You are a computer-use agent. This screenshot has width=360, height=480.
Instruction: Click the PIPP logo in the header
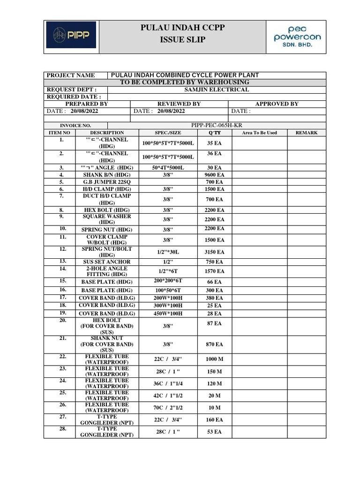click(x=71, y=35)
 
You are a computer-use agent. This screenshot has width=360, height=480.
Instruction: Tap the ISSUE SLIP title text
click(x=182, y=40)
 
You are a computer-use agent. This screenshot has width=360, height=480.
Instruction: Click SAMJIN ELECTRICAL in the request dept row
click(x=217, y=90)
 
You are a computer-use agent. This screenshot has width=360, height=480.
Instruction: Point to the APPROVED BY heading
click(x=277, y=104)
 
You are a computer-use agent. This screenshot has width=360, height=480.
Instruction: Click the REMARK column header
click(x=306, y=133)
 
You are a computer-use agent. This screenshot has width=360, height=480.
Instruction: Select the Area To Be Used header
click(x=259, y=133)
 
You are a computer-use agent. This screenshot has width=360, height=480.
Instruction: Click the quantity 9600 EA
click(x=214, y=174)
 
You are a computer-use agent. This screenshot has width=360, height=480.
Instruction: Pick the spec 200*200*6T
click(x=168, y=281)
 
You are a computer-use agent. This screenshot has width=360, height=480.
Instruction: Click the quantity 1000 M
click(x=214, y=359)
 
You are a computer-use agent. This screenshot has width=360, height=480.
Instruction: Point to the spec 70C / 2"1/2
click(x=168, y=407)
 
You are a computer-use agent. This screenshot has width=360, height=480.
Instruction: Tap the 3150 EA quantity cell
click(x=214, y=252)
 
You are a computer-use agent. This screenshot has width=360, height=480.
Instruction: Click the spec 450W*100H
click(x=168, y=313)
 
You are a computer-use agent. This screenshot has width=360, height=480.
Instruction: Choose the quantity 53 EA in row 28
click(x=214, y=431)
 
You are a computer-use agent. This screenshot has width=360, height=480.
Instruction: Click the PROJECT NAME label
click(x=70, y=75)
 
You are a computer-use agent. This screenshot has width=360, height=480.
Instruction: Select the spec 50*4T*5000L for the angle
click(x=168, y=167)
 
